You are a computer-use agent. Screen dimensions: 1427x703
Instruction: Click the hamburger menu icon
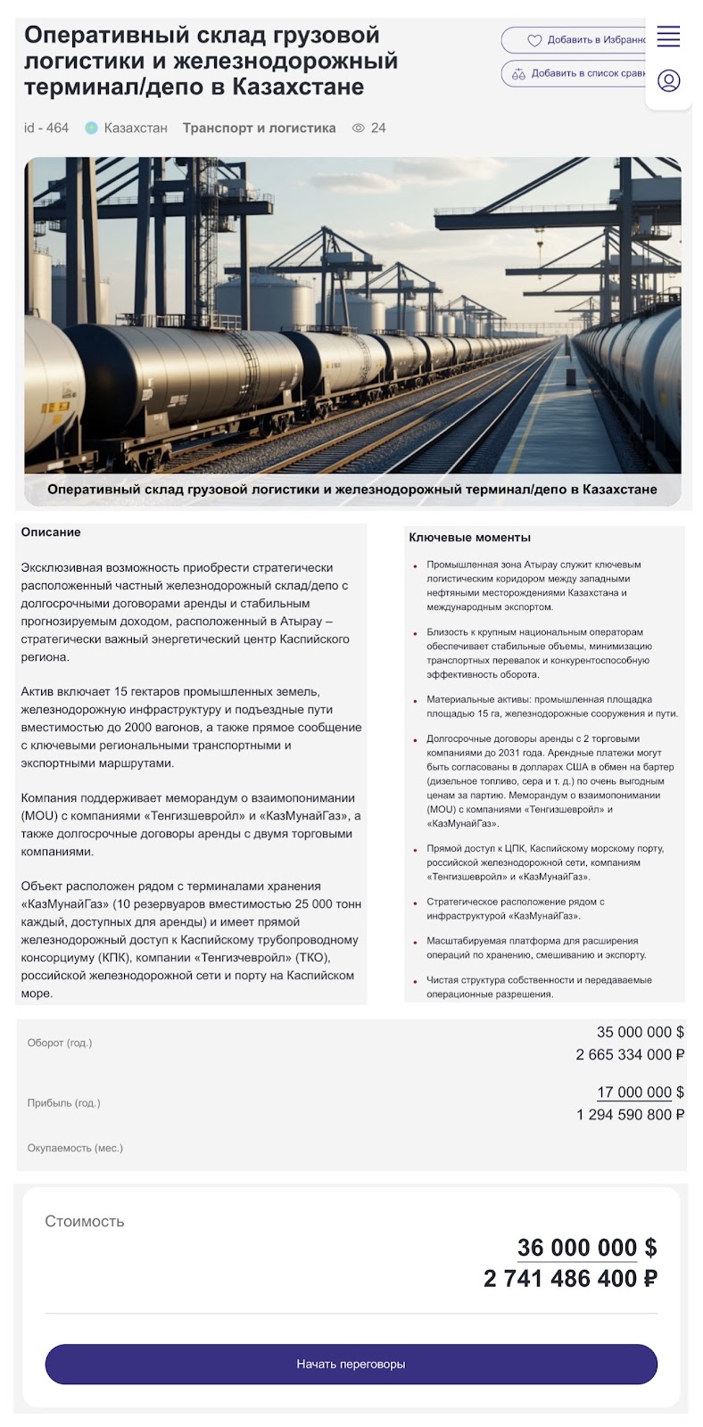pos(668,37)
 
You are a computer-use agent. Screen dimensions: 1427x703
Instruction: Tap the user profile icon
pos(668,81)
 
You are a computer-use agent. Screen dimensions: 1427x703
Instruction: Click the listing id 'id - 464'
pos(46,128)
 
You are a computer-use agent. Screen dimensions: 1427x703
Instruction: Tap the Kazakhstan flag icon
pos(91,128)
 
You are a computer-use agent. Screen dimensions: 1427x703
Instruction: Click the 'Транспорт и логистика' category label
pos(259,128)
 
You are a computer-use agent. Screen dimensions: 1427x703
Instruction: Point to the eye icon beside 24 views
pos(359,128)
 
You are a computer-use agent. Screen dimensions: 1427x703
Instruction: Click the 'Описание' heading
pos(51,532)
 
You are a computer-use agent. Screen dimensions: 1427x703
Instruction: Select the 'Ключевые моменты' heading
pos(469,538)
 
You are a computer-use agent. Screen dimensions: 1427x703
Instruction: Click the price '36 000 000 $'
pos(586,1248)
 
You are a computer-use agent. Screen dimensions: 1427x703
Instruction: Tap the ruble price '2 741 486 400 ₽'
pos(570,1279)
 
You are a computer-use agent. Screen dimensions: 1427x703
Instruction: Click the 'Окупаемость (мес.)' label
pos(75,1148)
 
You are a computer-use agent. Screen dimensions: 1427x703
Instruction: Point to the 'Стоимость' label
pos(85,1221)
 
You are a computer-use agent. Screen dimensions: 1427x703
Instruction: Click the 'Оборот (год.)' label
pos(60,1043)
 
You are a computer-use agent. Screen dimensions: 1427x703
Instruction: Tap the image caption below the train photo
pos(351,489)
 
